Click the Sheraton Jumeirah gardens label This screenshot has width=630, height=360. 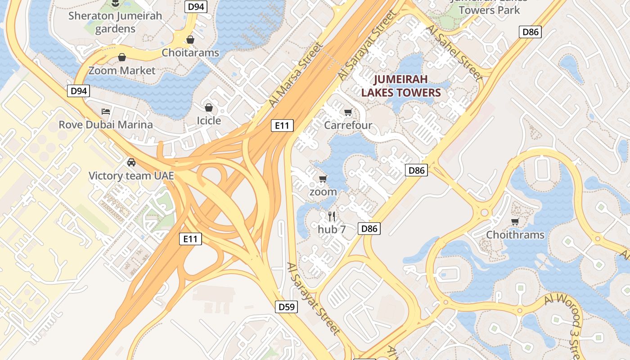click(115, 22)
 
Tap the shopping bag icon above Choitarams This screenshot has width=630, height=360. click(190, 40)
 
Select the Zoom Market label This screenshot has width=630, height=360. click(121, 71)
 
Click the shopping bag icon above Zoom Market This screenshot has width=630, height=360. click(121, 57)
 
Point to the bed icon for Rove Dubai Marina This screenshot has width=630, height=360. click(106, 111)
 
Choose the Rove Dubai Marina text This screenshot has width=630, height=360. click(106, 125)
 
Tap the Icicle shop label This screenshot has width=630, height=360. click(209, 121)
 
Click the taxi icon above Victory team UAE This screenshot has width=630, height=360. click(131, 162)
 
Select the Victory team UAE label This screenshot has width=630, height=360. click(131, 176)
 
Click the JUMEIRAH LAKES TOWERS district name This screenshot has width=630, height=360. click(400, 86)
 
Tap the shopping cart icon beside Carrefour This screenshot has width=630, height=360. click(348, 112)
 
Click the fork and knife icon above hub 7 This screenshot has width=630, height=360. click(332, 216)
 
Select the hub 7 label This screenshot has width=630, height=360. click(332, 229)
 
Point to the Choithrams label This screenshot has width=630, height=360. click(515, 235)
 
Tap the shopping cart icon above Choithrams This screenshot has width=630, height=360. click(515, 221)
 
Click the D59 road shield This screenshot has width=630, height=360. click(286, 307)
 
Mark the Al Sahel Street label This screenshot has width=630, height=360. click(454, 53)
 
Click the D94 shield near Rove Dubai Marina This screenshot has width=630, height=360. click(79, 91)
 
